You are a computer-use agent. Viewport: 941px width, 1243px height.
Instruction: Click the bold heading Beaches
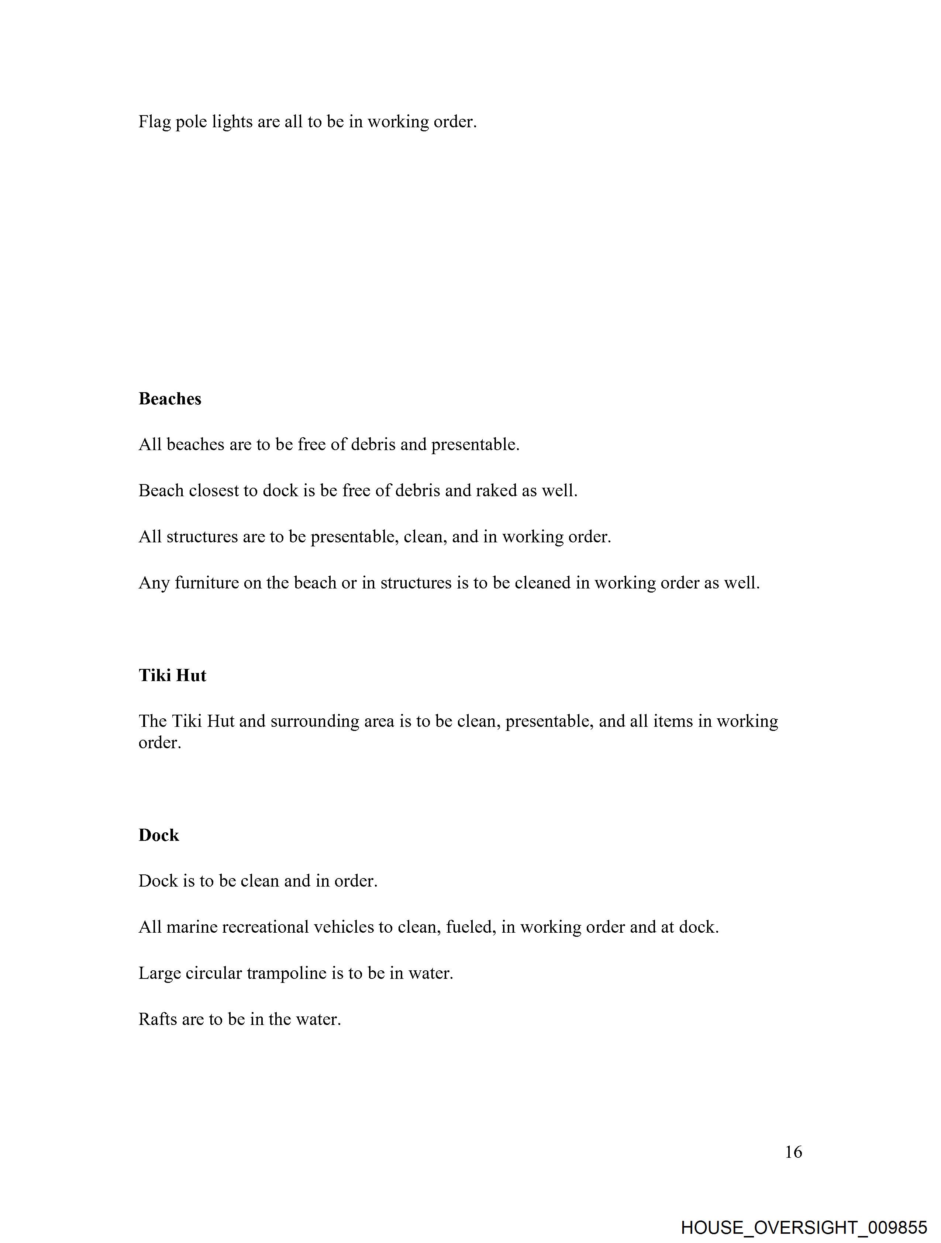coord(170,398)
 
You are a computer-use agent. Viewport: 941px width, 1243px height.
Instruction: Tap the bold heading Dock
coord(159,835)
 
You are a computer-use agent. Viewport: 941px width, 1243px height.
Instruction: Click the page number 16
coord(793,1152)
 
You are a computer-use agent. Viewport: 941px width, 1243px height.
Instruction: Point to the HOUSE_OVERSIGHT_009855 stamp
coord(804,1227)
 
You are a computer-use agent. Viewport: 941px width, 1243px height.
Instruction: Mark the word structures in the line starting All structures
coord(202,537)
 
